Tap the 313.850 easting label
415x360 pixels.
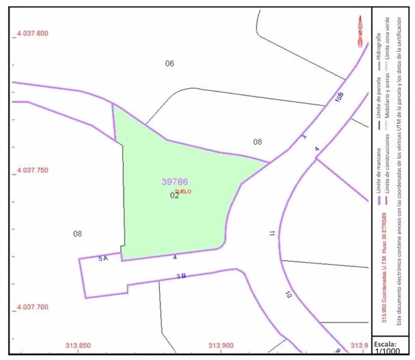[78, 345]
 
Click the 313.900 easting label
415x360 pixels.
[221, 345]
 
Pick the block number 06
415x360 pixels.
[170, 63]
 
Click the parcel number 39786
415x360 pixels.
[175, 181]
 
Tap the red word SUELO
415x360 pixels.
[183, 191]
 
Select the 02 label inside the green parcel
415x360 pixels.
[174, 195]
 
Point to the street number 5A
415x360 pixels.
[103, 258]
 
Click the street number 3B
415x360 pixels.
[181, 276]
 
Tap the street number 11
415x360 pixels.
[272, 233]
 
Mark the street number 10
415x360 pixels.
[288, 295]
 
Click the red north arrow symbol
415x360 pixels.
[360, 31]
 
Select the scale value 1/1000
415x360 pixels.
[387, 351]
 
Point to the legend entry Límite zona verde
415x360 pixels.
[387, 39]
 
